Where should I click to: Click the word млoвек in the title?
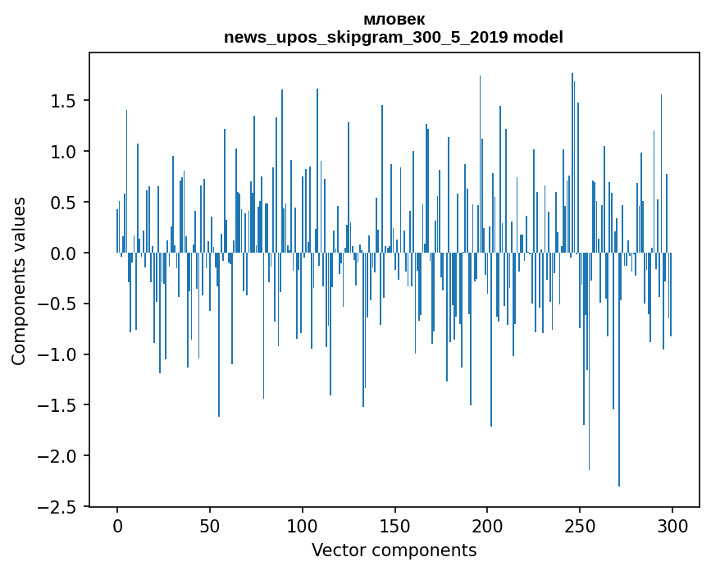tap(394, 20)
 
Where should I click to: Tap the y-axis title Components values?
tap(19, 281)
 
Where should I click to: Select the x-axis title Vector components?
tap(394, 550)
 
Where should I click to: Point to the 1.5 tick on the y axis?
tap(65, 101)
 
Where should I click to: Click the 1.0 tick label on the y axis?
tap(65, 152)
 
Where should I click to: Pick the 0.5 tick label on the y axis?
tap(65, 203)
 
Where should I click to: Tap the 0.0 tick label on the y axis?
tap(65, 254)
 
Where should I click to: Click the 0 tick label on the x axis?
tap(117, 524)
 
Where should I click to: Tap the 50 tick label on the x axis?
tap(210, 524)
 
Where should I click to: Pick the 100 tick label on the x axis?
tap(303, 524)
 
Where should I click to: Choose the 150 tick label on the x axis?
tap(395, 524)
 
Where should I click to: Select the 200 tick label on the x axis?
tap(488, 524)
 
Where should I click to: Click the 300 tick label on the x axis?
tap(672, 524)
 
